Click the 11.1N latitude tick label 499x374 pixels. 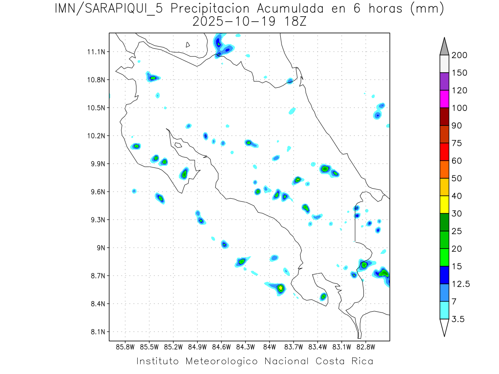[95, 52]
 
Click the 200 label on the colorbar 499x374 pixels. [459, 55]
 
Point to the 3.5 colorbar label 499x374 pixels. [457, 319]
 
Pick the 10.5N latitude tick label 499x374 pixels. [95, 108]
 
